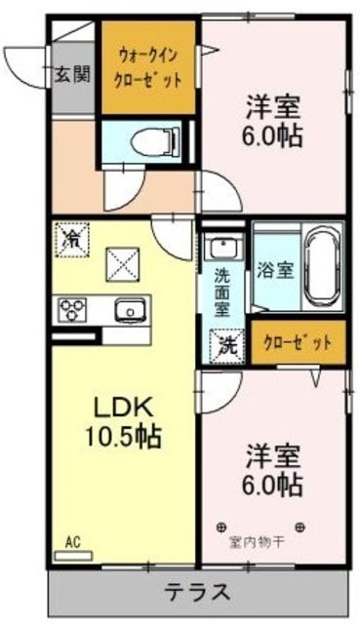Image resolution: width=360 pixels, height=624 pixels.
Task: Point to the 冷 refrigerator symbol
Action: pos(71,237)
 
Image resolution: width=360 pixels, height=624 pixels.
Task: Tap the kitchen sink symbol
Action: pos(129,309)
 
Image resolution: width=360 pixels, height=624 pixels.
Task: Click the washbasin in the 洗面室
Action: pos(225,246)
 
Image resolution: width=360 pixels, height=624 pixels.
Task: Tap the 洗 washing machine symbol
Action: pos(225,343)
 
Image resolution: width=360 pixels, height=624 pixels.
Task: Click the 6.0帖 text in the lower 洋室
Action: pos(273,484)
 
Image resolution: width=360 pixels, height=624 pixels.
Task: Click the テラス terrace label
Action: pos(196,592)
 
